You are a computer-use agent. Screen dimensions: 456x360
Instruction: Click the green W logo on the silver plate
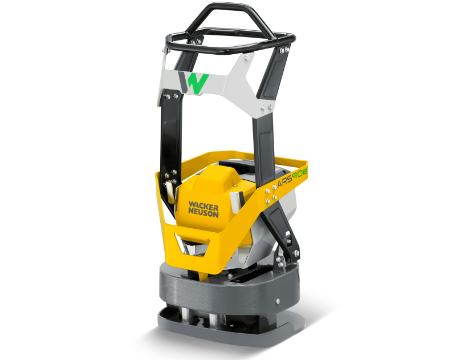pos(198,83)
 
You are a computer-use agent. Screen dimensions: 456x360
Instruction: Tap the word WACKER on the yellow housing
pos(203,206)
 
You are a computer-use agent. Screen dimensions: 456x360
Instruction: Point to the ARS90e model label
pos(292,177)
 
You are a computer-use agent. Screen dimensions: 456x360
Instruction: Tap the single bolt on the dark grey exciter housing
pos(278,301)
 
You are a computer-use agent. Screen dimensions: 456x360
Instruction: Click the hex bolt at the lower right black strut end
pos(296,253)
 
